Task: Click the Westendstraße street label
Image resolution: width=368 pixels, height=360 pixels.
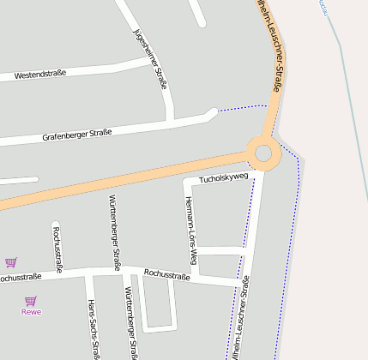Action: pos(41,75)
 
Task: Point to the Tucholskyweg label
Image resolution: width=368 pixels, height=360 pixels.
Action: pos(223,178)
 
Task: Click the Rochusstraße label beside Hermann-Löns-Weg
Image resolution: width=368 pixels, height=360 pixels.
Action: pos(166,275)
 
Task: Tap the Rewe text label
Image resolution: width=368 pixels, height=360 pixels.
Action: pos(31,312)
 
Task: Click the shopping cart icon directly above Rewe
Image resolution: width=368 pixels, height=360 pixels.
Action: pos(31,301)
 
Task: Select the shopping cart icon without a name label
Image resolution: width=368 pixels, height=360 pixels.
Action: pos(10,262)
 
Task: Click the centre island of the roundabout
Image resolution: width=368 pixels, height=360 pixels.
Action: pos(262,153)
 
